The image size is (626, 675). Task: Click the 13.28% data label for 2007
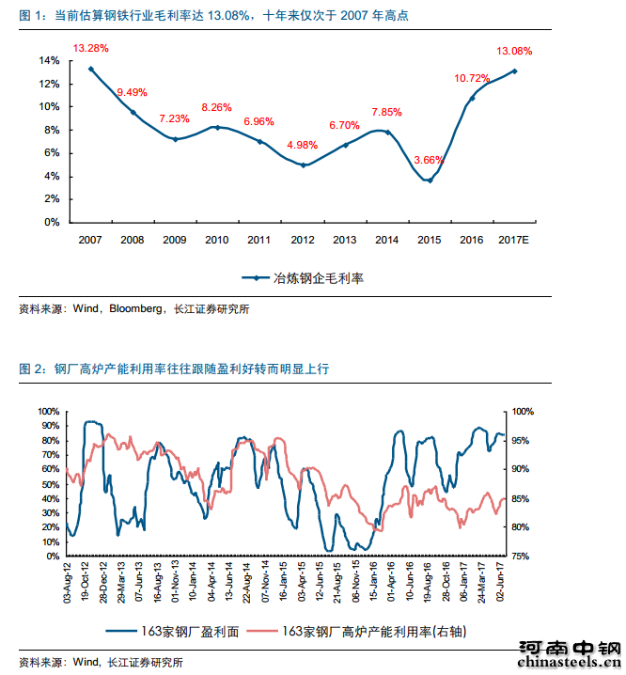91,48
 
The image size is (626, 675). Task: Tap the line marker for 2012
303,165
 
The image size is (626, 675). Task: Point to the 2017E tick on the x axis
514,241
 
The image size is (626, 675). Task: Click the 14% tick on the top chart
49,60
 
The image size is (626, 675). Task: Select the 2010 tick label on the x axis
217,241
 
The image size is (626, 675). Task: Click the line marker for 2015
430,181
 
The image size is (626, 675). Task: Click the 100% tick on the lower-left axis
48,412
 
